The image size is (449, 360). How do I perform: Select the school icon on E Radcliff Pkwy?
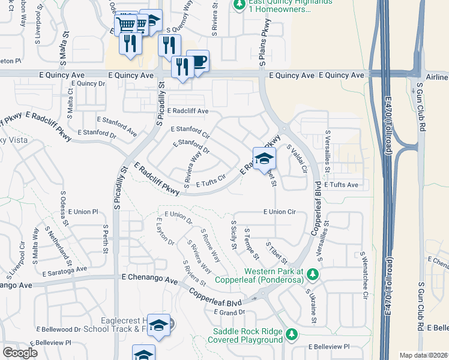click(x=264, y=159)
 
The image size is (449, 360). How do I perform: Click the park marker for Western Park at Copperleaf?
click(x=312, y=274)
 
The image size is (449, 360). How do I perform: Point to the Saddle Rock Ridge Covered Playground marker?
click(x=292, y=334)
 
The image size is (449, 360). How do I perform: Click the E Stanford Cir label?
click(x=190, y=130)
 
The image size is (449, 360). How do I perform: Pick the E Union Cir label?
click(x=280, y=212)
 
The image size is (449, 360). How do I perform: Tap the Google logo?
click(x=20, y=353)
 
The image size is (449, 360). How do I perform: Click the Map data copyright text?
click(x=424, y=355)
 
